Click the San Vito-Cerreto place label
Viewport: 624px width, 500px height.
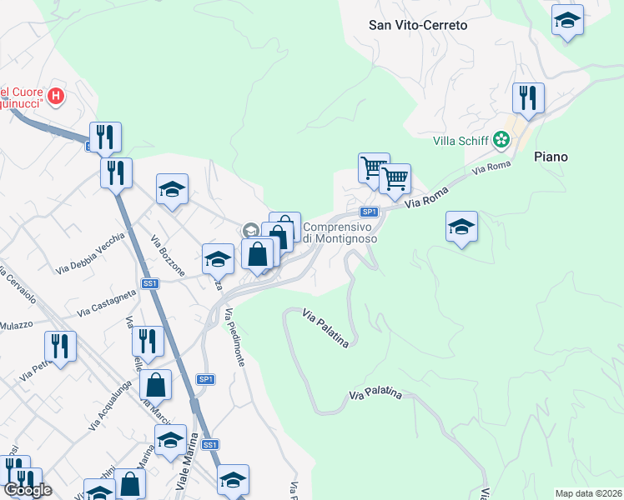pos(418,25)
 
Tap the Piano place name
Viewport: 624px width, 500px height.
pos(551,157)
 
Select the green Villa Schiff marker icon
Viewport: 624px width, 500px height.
pos(501,140)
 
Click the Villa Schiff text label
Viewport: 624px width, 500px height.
pos(460,140)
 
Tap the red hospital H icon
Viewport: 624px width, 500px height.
pos(56,96)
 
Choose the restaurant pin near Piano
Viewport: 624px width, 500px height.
pos(528,98)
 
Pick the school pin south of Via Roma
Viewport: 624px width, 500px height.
pos(461,227)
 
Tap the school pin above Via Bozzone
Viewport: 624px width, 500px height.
pos(173,189)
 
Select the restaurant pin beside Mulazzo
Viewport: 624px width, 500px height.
pos(60,346)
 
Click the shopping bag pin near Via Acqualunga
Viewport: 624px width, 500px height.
pos(155,385)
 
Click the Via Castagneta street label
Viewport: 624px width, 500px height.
pos(106,302)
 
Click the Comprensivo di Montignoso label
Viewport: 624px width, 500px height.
pos(339,232)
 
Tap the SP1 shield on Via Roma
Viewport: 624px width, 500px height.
pos(370,212)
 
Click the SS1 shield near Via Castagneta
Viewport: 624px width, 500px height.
pos(150,284)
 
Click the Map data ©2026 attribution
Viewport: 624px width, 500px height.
pos(588,493)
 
